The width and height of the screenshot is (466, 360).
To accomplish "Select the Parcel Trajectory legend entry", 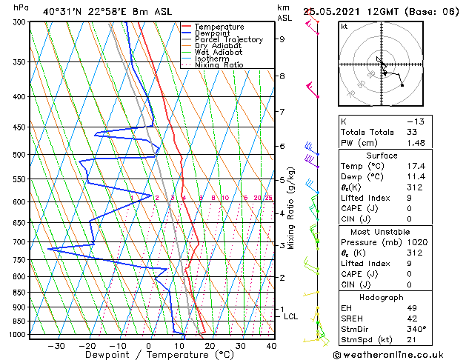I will pyautogui.click(x=227, y=40).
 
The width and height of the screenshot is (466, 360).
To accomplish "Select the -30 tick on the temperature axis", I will pyautogui.click(x=56, y=346).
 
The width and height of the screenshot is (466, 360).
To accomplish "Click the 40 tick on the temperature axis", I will pyautogui.click(x=271, y=346).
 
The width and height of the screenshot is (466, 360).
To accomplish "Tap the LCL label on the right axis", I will pyautogui.click(x=291, y=316).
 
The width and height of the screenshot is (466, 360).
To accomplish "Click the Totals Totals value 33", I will pyautogui.click(x=412, y=132).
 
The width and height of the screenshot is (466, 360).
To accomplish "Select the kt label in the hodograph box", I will pyautogui.click(x=344, y=26).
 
